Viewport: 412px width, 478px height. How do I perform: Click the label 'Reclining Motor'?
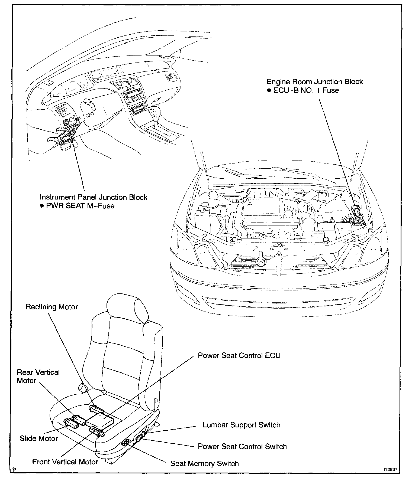point(51,307)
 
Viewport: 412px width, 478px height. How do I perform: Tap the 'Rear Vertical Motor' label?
point(38,376)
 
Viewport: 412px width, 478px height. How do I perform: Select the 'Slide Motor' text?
point(38,438)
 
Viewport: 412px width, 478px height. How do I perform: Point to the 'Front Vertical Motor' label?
point(65,461)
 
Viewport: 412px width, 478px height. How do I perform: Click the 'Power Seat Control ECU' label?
point(239,355)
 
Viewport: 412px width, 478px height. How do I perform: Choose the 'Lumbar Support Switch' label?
point(241,425)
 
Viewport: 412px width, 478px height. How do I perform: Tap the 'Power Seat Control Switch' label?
point(242,446)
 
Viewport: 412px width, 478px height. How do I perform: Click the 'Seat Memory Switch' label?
point(204,463)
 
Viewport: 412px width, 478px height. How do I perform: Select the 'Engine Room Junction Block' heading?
point(315,82)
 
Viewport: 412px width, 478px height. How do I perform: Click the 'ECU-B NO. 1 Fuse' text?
point(306,90)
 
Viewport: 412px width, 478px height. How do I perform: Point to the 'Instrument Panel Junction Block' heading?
point(94,197)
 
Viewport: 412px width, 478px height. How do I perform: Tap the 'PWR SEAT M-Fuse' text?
point(80,206)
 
